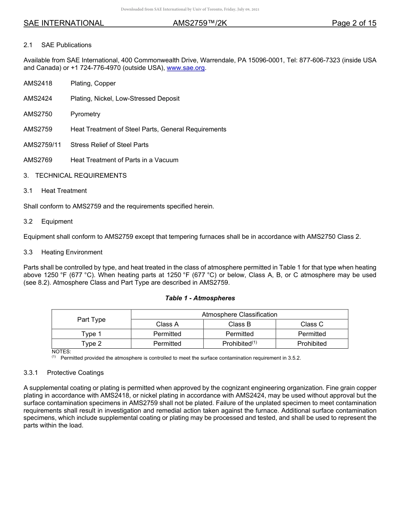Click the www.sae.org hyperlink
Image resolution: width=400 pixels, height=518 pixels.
(186, 68)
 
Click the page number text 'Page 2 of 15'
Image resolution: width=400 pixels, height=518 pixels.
(354, 24)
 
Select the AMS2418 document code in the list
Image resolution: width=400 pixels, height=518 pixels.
(38, 83)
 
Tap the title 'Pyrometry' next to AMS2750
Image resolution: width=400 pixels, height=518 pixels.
(85, 114)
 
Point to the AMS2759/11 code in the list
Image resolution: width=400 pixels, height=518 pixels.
(42, 145)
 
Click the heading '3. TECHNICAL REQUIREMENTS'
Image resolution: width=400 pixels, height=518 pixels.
(75, 176)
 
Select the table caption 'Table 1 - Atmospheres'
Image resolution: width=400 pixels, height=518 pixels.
(200, 298)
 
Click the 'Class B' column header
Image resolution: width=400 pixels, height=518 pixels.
(240, 324)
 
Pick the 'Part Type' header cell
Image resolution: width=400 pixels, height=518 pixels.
(91, 320)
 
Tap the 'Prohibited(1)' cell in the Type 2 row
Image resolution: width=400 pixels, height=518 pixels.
(240, 344)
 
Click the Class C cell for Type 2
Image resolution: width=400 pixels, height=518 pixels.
(312, 344)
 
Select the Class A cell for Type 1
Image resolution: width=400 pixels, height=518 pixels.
(167, 334)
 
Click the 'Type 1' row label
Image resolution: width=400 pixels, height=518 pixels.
(91, 334)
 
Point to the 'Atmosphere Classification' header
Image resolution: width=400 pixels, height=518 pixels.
(240, 315)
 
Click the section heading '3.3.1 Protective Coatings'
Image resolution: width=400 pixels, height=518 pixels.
(64, 373)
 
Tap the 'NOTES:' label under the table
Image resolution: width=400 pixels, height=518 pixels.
(61, 351)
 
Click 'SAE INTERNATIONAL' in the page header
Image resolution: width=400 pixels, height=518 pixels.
(64, 24)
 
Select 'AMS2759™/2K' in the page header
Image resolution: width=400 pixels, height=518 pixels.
(200, 24)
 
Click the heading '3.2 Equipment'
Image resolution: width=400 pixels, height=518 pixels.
(48, 222)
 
